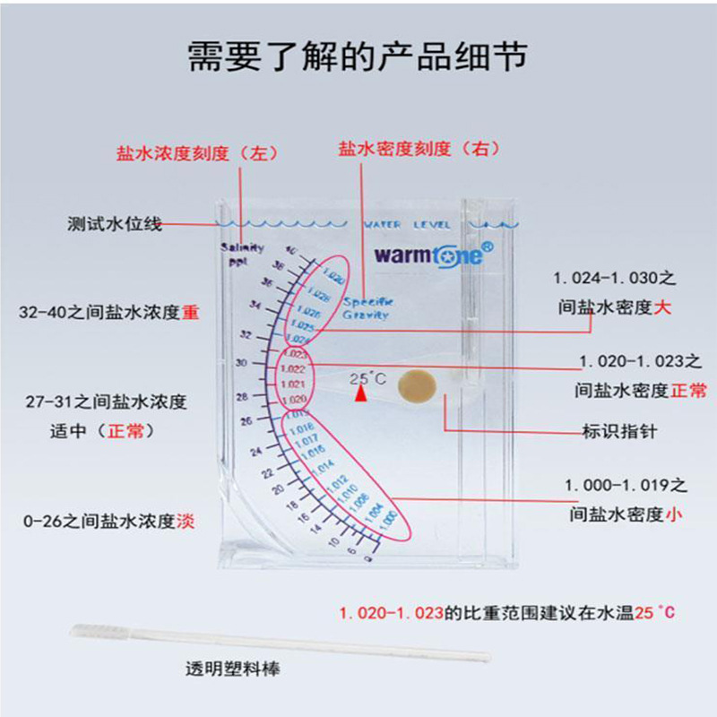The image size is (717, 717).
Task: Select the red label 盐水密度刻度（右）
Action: coord(407,149)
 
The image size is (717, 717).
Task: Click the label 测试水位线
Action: coord(115,224)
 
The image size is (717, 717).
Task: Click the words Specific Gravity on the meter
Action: coord(366,308)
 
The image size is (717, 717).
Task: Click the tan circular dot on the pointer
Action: coord(417,385)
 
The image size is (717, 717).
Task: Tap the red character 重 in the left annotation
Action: coord(191,314)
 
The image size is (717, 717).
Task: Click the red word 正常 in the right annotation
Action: coord(687,391)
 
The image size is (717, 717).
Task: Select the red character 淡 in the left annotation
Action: coord(186,521)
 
